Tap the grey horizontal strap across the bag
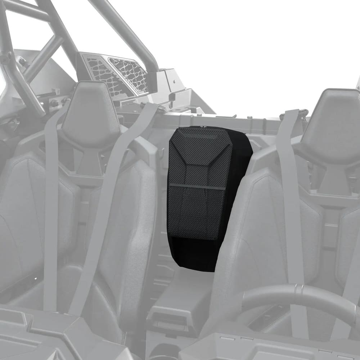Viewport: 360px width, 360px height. tap(197, 186)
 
